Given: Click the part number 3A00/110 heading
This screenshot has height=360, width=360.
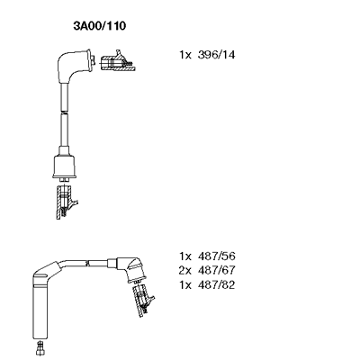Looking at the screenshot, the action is coord(100,26).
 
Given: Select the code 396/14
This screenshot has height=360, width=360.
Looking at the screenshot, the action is coord(216,55).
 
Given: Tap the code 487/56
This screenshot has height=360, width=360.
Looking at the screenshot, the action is coord(216,256).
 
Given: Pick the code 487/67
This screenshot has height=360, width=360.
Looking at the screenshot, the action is coord(216,270).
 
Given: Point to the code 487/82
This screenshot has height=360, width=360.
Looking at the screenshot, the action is coord(216,284).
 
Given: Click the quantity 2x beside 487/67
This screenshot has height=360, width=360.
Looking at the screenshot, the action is coord(185,270).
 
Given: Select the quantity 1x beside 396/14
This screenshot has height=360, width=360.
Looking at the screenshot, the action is coord(185,55).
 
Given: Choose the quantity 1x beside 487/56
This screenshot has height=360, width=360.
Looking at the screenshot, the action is coord(185,256).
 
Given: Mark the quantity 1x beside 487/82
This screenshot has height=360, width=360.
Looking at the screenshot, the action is coord(185,284).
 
